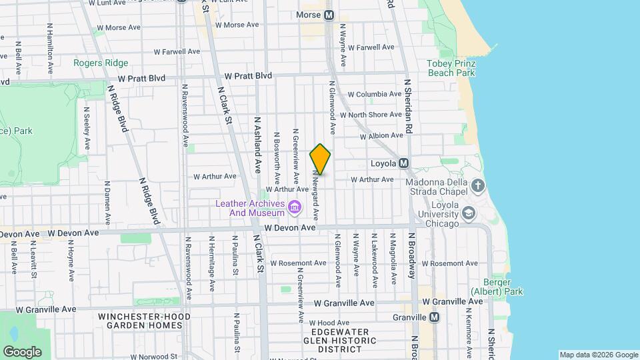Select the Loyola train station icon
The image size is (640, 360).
403,163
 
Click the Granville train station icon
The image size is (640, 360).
434,317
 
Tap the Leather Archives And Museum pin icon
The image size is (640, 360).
293,209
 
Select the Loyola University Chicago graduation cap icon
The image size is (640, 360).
468,213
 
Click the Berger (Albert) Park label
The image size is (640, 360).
497,287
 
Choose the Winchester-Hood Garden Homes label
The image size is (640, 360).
144,321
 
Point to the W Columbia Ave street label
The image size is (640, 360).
375,95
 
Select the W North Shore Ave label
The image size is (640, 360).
371,115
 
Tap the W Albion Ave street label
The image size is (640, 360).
381,135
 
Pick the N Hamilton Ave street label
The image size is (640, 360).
50,49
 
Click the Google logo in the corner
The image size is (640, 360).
23,351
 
